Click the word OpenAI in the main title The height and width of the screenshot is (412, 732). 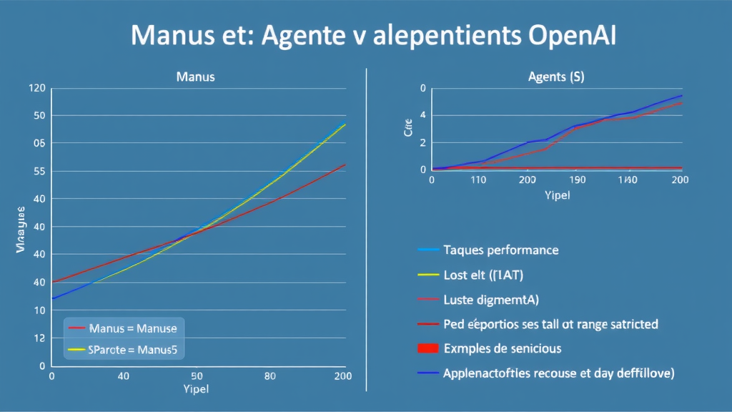click(570, 36)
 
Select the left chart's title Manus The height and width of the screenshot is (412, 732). click(195, 76)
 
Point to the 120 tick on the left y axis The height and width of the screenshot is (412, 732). click(37, 89)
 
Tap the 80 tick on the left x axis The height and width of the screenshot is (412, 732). click(269, 376)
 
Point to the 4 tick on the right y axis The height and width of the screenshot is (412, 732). click(422, 115)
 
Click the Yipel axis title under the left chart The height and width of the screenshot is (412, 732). click(196, 390)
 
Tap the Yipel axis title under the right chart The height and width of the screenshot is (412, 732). click(556, 195)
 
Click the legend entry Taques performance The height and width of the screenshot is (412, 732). click(500, 250)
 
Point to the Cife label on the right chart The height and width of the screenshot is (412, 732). click(407, 132)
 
